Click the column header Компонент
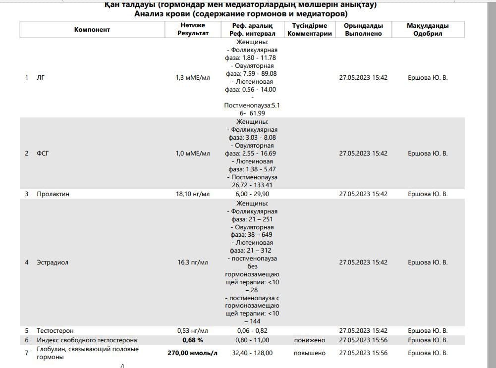tap(92, 30)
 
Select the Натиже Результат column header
tap(193, 30)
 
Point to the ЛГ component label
tap(41, 78)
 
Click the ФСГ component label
tap(43, 154)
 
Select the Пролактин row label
tap(53, 194)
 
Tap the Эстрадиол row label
tap(52, 263)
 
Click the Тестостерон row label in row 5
tap(55, 331)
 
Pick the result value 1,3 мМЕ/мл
tap(193, 78)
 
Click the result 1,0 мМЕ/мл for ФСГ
tap(193, 154)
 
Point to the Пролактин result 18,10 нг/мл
tap(193, 194)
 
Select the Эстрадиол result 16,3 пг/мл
tap(193, 263)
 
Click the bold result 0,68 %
tap(193, 340)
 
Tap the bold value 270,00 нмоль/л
tap(193, 353)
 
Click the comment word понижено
tap(309, 340)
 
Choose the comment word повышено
tap(309, 353)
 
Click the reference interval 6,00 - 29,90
tap(252, 194)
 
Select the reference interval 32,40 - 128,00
tap(252, 353)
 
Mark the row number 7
tap(27, 353)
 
